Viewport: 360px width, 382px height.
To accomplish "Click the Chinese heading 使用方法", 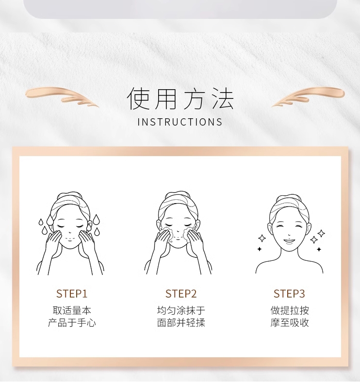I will [180, 99].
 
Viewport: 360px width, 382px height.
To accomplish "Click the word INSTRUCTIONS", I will [180, 122].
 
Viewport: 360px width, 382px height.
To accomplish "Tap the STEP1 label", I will [71, 294].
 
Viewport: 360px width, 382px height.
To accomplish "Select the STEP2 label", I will [181, 294].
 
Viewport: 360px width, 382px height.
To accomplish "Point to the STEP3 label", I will [289, 294].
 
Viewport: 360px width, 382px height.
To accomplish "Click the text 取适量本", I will [72, 310].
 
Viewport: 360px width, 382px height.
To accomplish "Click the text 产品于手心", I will [72, 323].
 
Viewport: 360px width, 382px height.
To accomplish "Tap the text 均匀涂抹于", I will [181, 310].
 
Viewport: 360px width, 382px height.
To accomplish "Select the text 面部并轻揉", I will [181, 323].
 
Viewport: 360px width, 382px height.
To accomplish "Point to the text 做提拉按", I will [290, 310].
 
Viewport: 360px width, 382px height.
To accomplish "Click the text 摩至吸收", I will [290, 323].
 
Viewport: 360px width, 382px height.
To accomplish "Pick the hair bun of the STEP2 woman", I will [178, 195].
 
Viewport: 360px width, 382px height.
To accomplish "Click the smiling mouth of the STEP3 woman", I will [289, 240].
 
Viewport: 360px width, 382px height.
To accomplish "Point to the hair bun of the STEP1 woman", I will [68, 195].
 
